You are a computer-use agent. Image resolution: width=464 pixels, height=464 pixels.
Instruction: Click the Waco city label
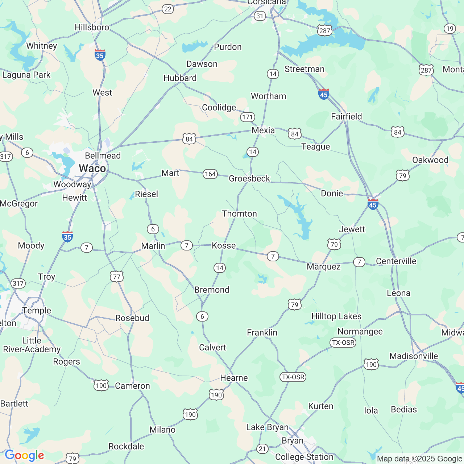coord(92,169)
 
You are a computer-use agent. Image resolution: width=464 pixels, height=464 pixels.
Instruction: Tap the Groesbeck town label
coord(249,178)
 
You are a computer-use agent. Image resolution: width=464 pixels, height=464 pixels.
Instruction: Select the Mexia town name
coord(263,130)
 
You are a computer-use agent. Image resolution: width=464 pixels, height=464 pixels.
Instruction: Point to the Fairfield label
coord(346,116)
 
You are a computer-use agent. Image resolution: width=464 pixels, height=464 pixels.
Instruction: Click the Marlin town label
coord(153,246)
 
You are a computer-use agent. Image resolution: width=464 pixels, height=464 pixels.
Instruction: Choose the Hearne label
coord(234,378)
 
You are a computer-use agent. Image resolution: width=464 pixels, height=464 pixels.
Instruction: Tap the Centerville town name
coord(396,261)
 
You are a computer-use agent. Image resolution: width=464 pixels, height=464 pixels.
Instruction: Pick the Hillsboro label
coord(92,28)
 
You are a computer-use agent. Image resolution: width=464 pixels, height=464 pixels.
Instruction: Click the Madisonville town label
coord(414,356)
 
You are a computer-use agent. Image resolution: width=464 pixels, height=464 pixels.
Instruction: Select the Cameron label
coord(132,386)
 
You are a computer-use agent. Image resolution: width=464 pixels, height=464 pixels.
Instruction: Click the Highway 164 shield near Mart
coord(210,174)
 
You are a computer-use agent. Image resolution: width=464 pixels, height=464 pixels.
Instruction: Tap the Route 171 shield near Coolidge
coord(248,117)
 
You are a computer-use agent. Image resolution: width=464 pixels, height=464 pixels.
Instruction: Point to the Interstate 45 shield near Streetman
coord(323,94)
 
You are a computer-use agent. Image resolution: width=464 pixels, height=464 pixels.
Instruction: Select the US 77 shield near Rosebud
coord(116,277)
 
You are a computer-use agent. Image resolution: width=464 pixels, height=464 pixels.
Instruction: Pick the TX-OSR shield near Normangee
coord(343,343)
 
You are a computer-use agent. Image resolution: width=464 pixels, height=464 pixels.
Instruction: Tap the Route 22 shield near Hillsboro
coord(167,9)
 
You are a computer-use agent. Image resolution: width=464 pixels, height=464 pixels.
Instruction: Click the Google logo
coord(24,455)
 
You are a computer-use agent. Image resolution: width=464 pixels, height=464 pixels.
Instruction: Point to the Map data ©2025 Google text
coord(419,459)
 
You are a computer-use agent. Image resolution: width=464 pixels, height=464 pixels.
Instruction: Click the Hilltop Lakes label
coord(336,316)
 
